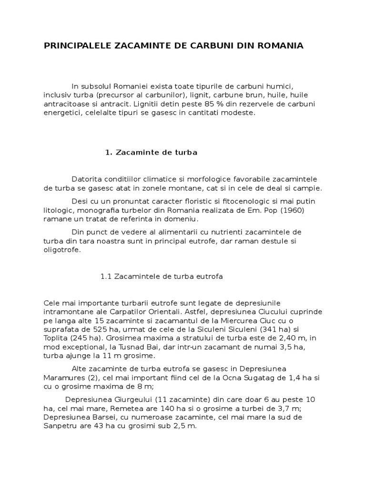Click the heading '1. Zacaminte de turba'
pyautogui.click(x=151, y=153)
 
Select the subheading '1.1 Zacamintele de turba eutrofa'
pyautogui.click(x=162, y=276)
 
